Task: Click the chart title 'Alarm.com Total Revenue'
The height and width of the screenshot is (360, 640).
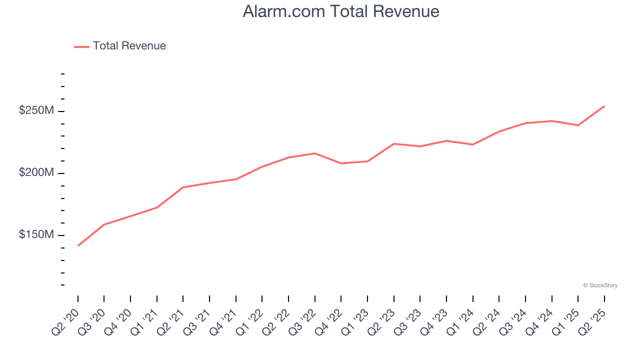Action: click(x=341, y=11)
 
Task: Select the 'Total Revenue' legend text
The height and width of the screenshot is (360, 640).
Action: click(x=129, y=46)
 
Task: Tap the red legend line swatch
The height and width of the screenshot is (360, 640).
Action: click(x=81, y=46)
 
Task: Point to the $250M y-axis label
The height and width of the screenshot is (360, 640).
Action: click(x=36, y=110)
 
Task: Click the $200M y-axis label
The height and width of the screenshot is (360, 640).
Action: click(x=36, y=173)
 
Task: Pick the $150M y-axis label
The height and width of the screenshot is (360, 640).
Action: click(x=36, y=235)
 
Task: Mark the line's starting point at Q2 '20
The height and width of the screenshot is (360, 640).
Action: click(x=78, y=245)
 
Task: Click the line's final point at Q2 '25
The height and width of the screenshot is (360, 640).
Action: click(x=604, y=106)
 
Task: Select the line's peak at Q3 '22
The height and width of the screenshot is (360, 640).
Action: click(x=314, y=153)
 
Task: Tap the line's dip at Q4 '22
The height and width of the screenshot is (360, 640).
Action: click(x=341, y=163)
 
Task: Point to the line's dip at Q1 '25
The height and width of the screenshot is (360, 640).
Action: click(x=578, y=125)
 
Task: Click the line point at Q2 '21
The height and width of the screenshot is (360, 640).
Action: click(x=183, y=187)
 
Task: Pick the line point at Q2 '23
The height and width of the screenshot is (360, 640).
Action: click(x=394, y=143)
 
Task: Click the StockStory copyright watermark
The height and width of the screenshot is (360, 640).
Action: click(x=600, y=285)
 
